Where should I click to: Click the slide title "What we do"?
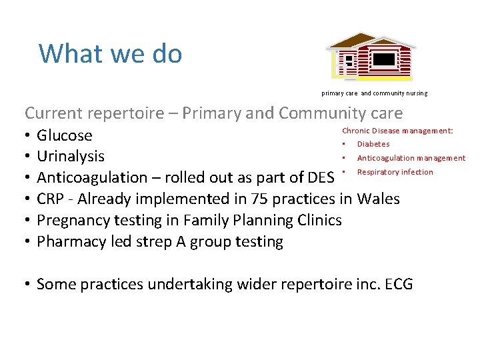click(x=110, y=53)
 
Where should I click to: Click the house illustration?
click(x=371, y=56)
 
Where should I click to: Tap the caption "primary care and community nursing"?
click(x=374, y=93)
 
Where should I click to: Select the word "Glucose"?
click(x=65, y=135)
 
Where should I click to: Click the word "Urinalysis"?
click(x=71, y=157)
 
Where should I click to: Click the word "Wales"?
click(x=379, y=199)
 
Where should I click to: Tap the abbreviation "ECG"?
click(x=397, y=285)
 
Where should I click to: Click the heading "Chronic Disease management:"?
click(x=397, y=131)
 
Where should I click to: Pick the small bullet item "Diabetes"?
click(x=373, y=144)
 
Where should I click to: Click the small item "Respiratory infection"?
click(x=395, y=172)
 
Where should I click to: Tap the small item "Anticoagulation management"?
click(x=411, y=158)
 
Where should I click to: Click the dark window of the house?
click(x=384, y=60)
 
